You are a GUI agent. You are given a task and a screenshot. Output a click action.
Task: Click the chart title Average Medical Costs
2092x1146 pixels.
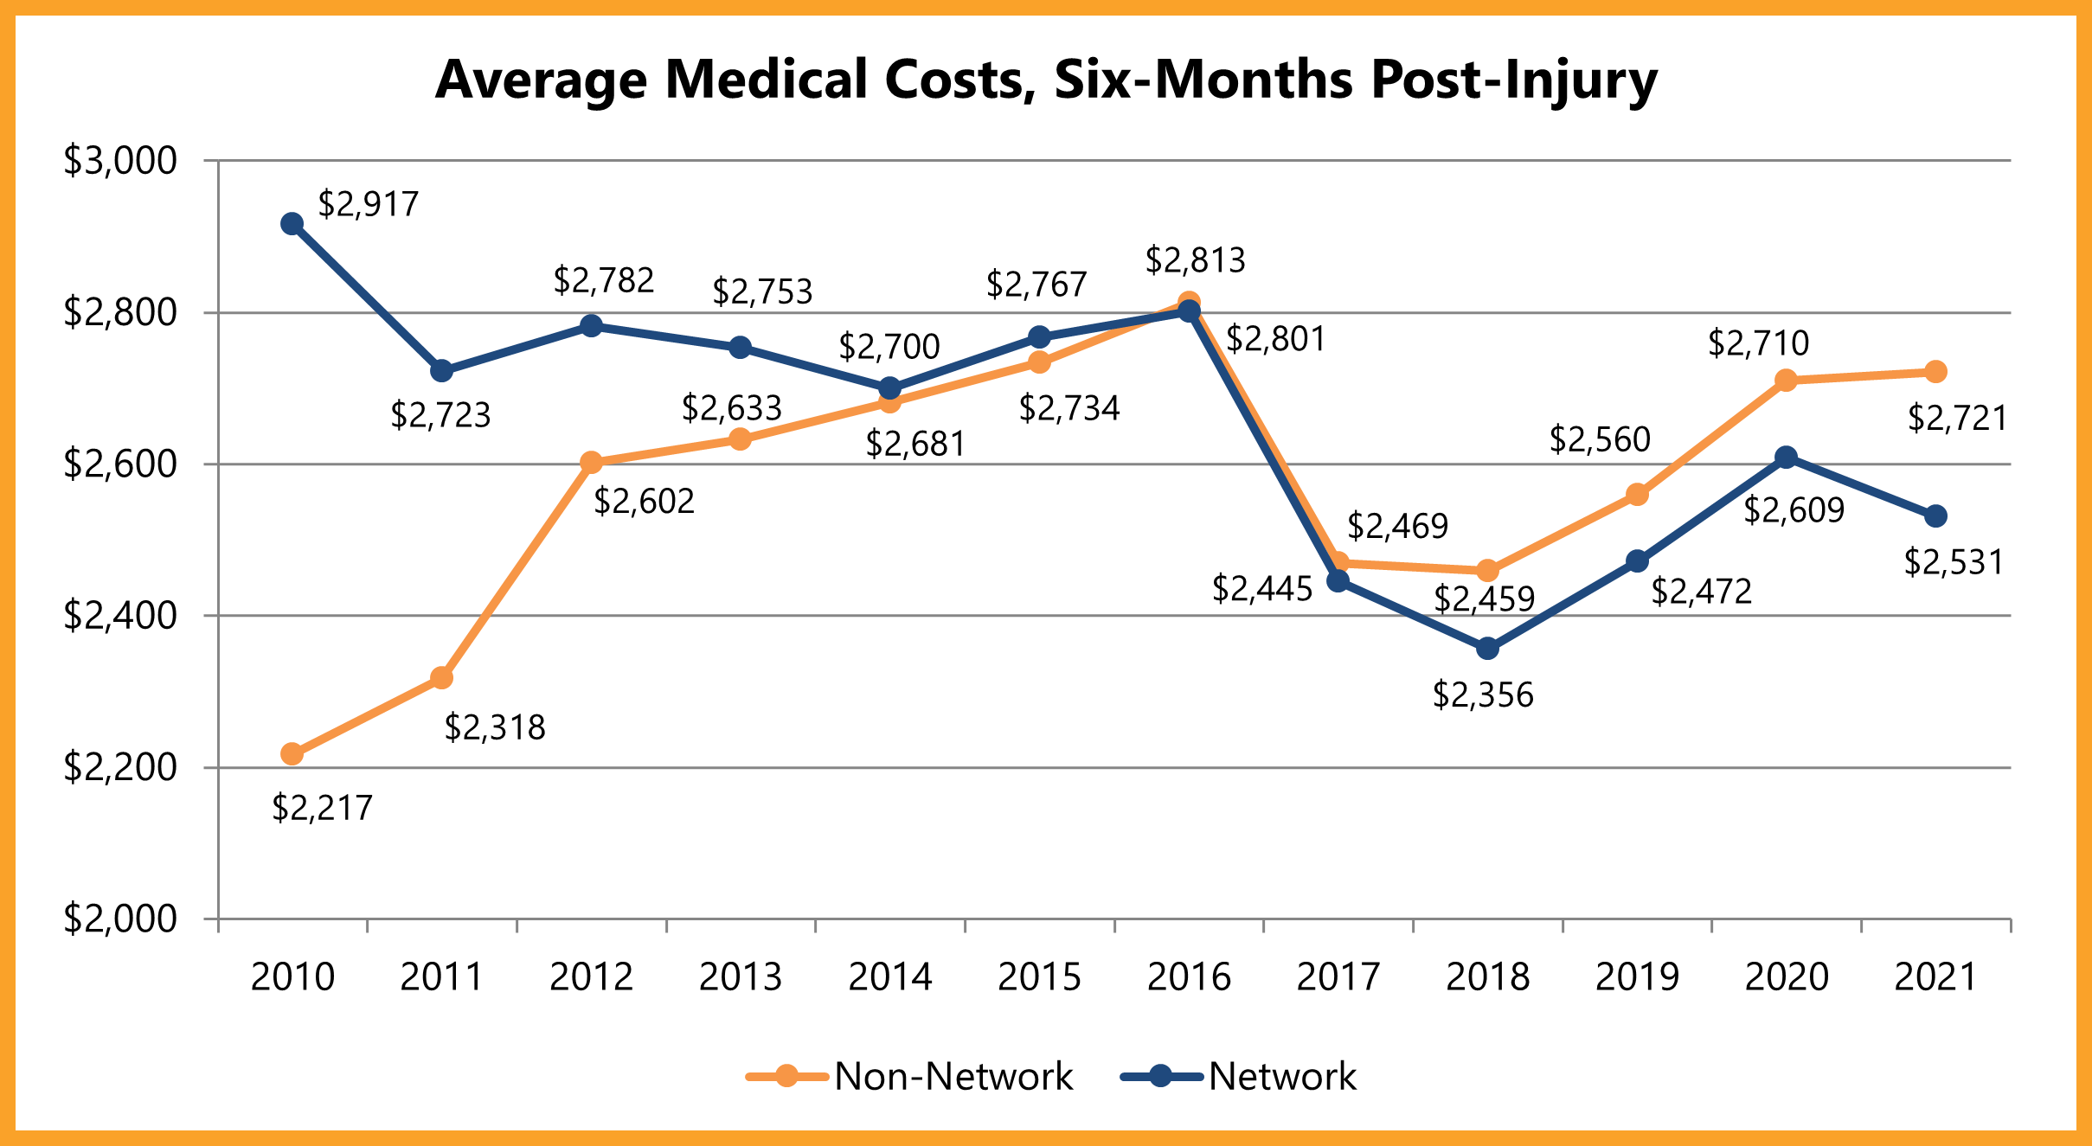[x=1045, y=80]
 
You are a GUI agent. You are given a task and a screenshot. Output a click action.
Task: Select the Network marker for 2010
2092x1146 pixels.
[x=292, y=224]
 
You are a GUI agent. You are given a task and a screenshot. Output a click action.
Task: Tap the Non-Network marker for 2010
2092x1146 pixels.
[x=292, y=754]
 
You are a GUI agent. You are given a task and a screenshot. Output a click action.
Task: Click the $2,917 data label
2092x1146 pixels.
[x=369, y=204]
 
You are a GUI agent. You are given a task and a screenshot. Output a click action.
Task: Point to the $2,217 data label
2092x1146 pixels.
[x=322, y=808]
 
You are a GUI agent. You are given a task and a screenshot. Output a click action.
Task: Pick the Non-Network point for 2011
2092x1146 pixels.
[x=441, y=677]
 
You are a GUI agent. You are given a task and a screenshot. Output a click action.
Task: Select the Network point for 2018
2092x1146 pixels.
[x=1487, y=649]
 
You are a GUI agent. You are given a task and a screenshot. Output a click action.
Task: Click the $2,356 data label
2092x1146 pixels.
[x=1483, y=695]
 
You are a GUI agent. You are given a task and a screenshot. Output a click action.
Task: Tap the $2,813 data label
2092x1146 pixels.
[x=1195, y=260]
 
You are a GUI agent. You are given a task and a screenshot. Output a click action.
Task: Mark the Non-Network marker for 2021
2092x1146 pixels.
[x=1935, y=372]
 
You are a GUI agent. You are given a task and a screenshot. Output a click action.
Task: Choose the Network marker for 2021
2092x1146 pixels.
[x=1935, y=516]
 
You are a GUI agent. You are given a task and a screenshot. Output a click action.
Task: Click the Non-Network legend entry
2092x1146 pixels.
[x=910, y=1077]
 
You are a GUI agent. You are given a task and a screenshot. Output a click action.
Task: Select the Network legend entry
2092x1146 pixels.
[x=1239, y=1077]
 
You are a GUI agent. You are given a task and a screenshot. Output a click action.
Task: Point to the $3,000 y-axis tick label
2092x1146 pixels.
[x=120, y=161]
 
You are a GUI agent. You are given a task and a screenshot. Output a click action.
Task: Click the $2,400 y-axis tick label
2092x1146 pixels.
[x=120, y=616]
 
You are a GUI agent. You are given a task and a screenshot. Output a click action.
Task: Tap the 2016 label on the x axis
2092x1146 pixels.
[x=1189, y=977]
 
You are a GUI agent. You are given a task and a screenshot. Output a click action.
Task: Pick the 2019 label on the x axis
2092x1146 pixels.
[x=1637, y=977]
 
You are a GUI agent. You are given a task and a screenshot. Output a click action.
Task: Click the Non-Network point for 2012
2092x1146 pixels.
[x=591, y=463]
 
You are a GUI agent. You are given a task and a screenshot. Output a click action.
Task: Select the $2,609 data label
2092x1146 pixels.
[x=1794, y=510]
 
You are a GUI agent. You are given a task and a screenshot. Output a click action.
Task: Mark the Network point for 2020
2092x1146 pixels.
[x=1786, y=458]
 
